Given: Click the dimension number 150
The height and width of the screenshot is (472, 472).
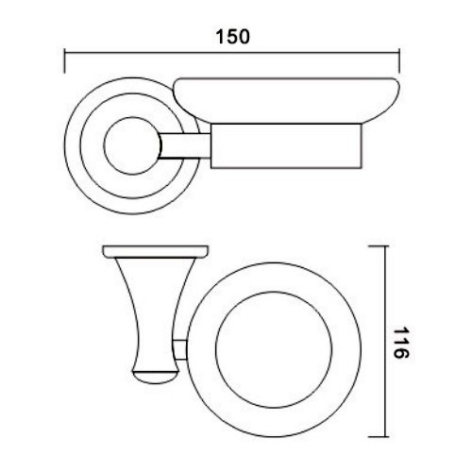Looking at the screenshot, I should click(231, 38).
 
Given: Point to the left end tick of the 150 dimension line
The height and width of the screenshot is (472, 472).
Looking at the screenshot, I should click(63, 63).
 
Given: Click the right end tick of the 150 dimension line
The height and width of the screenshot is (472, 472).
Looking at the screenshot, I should click(399, 63).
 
